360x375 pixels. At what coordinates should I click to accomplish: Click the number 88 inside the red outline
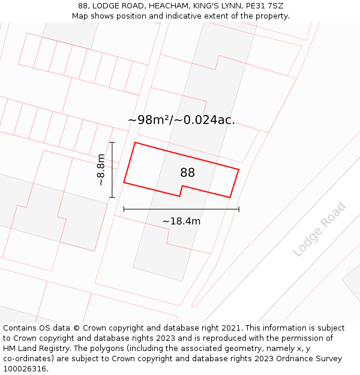[x=187, y=173]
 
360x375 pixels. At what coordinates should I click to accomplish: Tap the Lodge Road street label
[x=320, y=230]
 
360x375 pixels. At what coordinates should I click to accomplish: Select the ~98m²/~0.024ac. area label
[x=181, y=120]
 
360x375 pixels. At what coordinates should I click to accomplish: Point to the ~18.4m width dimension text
[x=181, y=221]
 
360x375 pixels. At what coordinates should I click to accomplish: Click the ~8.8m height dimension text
[x=101, y=170]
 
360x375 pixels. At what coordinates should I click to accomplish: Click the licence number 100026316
[x=25, y=369]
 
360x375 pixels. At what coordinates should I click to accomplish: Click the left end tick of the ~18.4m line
[x=124, y=209]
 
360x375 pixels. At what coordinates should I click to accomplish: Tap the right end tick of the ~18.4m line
[x=239, y=209]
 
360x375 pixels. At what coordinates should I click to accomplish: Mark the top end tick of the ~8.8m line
[x=112, y=142]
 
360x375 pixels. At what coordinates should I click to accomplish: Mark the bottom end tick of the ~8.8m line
[x=112, y=197]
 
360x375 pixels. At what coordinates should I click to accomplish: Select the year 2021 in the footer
[x=230, y=328]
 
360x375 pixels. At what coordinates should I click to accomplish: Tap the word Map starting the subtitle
[x=80, y=16]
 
